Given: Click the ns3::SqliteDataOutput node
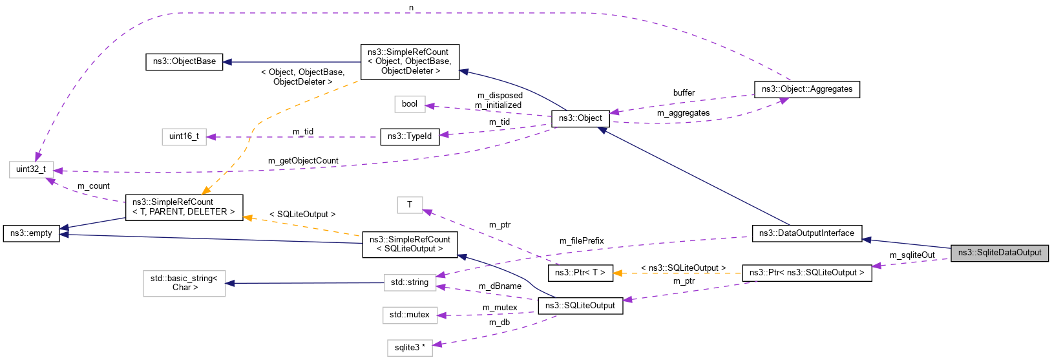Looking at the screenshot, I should click(999, 253).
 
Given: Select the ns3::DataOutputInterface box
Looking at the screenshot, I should click(806, 233).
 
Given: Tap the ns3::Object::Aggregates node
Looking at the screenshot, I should click(806, 89).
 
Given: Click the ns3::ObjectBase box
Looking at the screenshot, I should click(184, 61).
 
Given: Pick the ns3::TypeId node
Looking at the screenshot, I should click(410, 136).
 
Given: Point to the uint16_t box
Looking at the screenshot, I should click(184, 136).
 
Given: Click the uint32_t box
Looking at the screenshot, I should click(31, 169).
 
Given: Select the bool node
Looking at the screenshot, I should click(410, 104).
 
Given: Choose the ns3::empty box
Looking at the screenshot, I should click(31, 233).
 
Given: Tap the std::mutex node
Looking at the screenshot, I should click(409, 315).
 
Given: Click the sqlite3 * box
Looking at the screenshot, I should click(410, 348).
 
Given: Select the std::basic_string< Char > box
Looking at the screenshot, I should click(184, 282).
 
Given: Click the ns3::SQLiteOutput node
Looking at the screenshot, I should click(580, 306).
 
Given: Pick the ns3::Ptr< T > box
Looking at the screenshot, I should click(580, 273).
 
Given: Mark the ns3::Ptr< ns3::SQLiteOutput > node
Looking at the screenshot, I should click(806, 273).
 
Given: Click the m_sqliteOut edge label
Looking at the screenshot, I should click(912, 255).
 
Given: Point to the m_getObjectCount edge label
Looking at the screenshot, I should click(303, 161).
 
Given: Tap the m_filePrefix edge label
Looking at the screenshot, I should click(582, 241).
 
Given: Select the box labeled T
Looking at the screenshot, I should click(409, 205).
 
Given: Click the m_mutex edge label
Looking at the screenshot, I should click(500, 308).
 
